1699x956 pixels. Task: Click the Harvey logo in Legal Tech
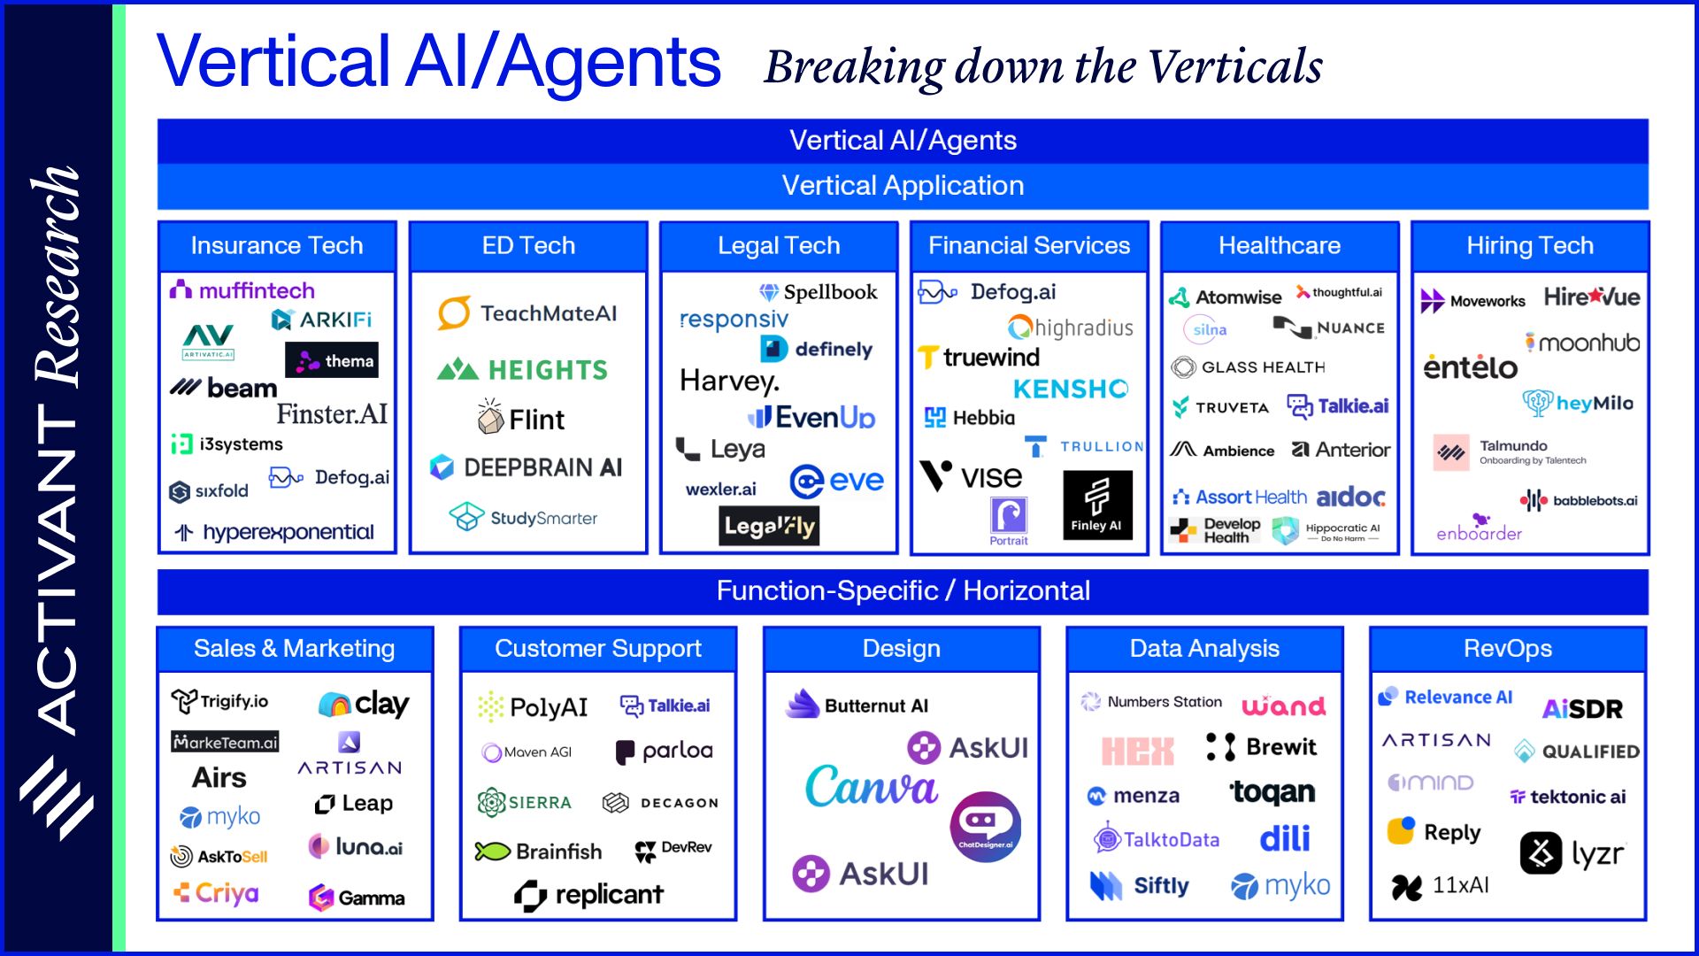pos(729,382)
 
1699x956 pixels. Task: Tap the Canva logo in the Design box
pos(871,787)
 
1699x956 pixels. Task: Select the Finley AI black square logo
pos(1096,505)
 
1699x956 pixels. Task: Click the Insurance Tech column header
pos(277,245)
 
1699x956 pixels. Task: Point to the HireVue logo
pos(1591,297)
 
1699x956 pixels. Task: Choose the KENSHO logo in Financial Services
pos(1070,389)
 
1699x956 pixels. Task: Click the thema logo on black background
pos(332,360)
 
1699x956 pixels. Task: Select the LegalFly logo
pos(769,527)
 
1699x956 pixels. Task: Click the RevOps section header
pos(1507,649)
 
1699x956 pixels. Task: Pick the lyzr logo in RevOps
pos(1572,854)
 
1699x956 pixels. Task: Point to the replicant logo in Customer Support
pos(588,895)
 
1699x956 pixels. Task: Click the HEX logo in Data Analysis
pos(1137,752)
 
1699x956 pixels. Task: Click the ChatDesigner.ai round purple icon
pos(985,826)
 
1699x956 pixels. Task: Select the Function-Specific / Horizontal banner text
pos(903,590)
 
